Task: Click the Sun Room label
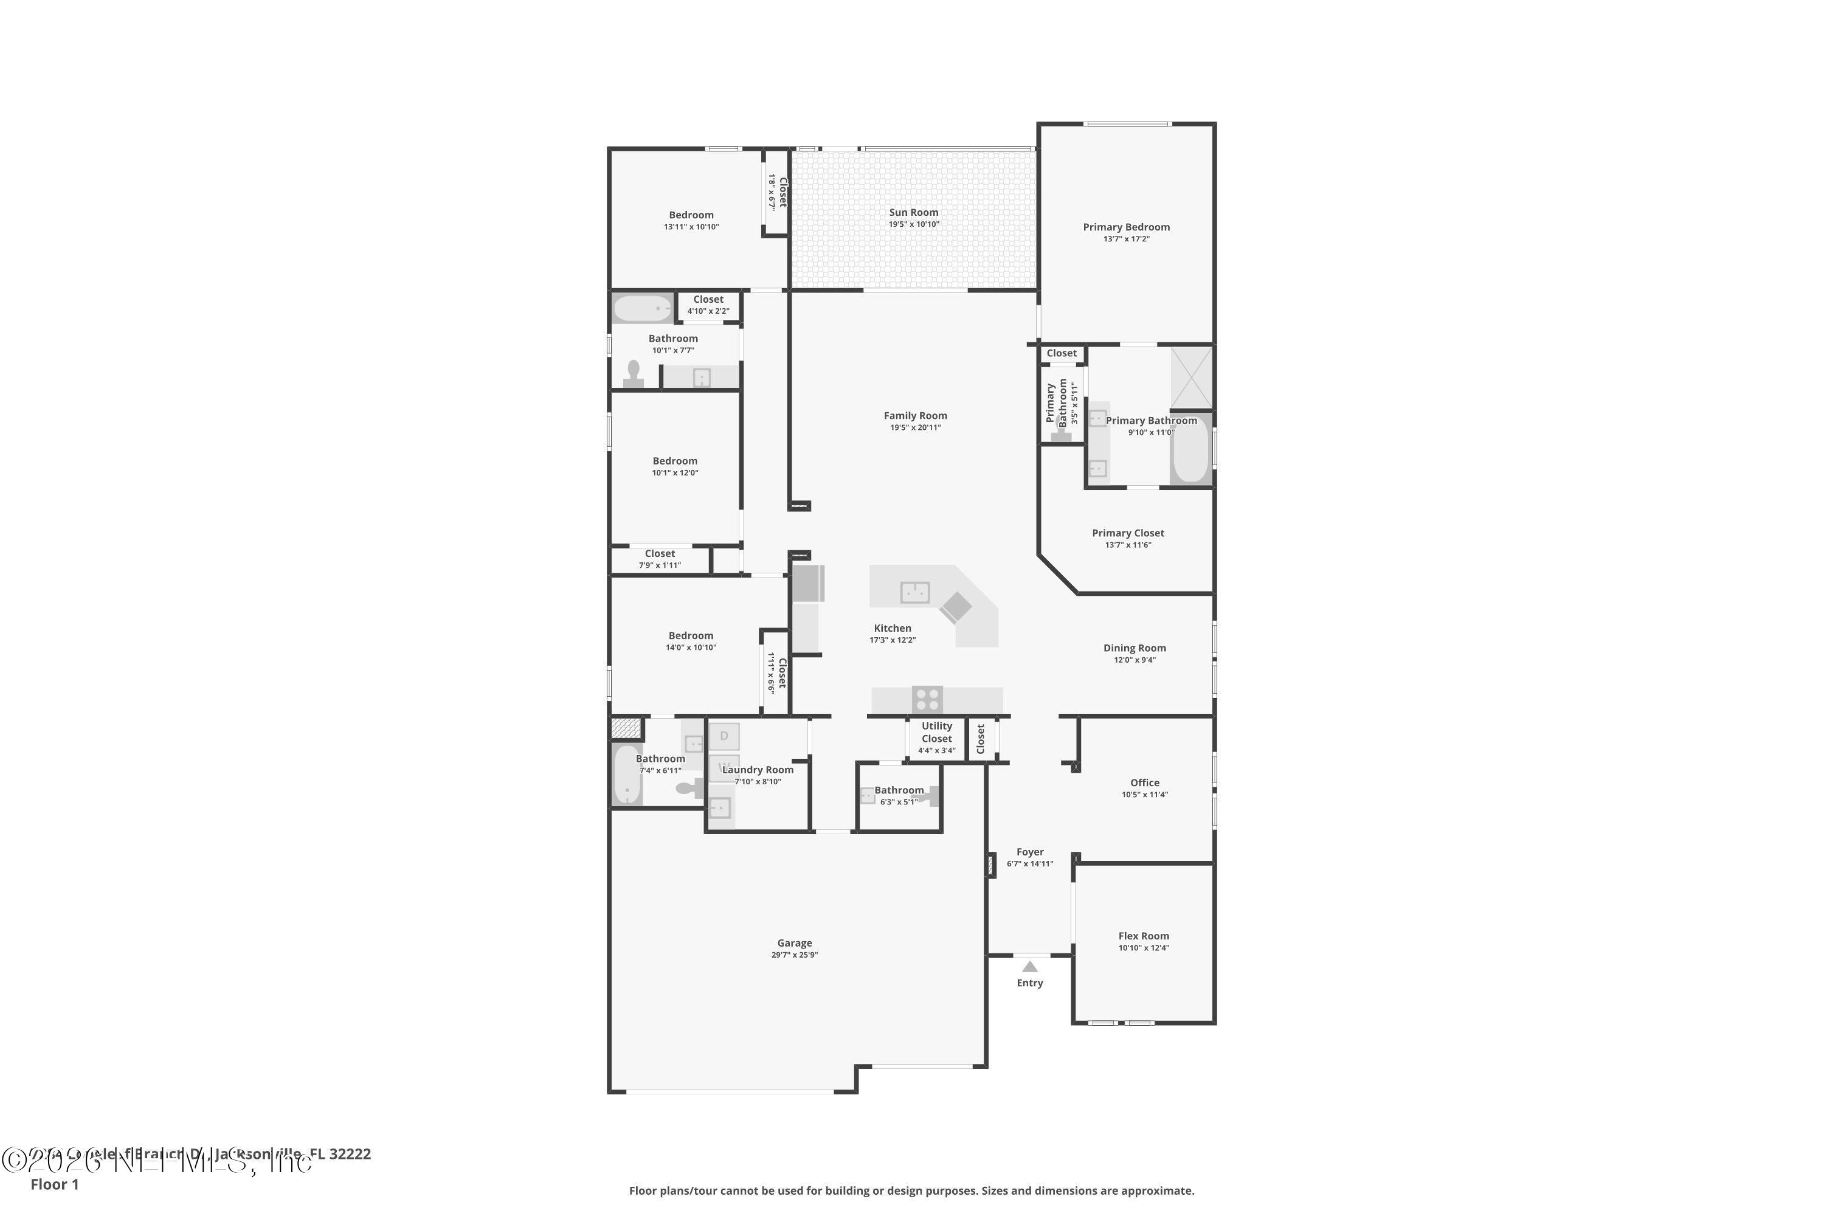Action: click(x=914, y=212)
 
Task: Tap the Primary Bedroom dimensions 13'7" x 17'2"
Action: click(x=1126, y=239)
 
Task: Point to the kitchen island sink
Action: click(x=914, y=592)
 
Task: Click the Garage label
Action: click(x=794, y=943)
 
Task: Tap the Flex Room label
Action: click(x=1143, y=936)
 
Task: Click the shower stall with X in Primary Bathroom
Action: click(x=1191, y=378)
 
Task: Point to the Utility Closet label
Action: click(x=937, y=732)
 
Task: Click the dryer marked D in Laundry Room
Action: click(x=724, y=736)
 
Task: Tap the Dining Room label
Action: click(x=1135, y=648)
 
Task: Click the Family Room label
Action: click(x=915, y=416)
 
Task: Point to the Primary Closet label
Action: click(x=1128, y=533)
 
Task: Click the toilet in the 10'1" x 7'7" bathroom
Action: click(x=634, y=374)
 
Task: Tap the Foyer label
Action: click(x=1030, y=852)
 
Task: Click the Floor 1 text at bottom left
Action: click(x=54, y=1184)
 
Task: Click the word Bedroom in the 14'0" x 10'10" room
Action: click(x=690, y=636)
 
